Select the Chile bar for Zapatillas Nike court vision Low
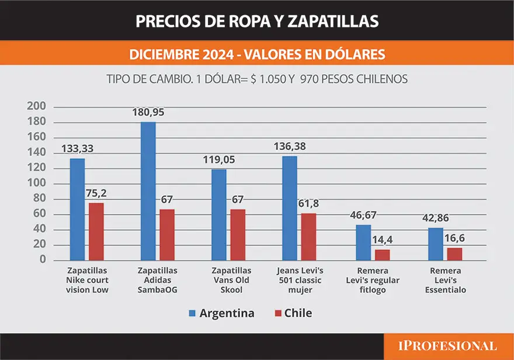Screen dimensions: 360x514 [96, 231]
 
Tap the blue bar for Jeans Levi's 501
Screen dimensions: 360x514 [290, 208]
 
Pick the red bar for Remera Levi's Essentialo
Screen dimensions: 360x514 [454, 254]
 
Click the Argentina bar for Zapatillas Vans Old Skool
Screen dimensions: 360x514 [219, 214]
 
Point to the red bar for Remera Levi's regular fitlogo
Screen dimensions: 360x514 [382, 255]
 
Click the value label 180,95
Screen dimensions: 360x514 [149, 112]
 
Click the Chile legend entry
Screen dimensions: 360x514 [292, 313]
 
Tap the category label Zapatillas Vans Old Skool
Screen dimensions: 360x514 [232, 280]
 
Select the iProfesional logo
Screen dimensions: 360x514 [448, 346]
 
